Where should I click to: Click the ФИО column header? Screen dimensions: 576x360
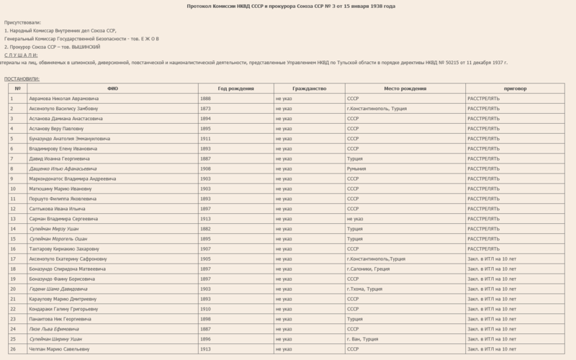click(112, 88)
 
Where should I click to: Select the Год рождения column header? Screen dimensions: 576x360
click(235, 88)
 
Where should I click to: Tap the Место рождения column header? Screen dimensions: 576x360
click(405, 88)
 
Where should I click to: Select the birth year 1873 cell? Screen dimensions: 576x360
click(205, 108)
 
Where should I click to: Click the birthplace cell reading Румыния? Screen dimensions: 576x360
click(358, 168)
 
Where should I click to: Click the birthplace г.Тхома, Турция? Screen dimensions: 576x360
click(364, 289)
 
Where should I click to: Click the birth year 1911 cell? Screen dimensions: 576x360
click(205, 138)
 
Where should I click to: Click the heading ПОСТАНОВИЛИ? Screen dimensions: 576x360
click(22, 78)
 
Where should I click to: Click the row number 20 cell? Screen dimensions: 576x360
click(13, 289)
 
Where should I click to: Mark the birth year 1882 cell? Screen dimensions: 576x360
click(205, 228)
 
